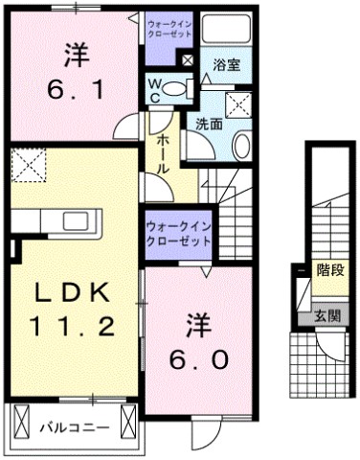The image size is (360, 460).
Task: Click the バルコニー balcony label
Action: point(73,421)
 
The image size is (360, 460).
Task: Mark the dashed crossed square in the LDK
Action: point(31,165)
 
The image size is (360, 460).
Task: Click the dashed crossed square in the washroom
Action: point(238,103)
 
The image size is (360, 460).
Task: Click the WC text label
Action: point(152,89)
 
